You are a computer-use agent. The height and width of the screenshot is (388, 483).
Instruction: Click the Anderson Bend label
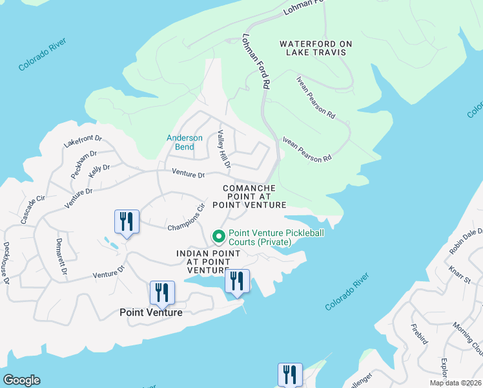click(x=185, y=142)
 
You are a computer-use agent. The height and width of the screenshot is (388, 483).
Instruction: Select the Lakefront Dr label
click(x=83, y=140)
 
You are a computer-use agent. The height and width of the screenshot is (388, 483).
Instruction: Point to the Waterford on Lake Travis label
click(x=316, y=48)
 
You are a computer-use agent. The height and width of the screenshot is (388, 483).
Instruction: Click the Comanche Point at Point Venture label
click(x=254, y=197)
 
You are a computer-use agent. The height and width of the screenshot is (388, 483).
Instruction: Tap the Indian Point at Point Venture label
click(x=203, y=261)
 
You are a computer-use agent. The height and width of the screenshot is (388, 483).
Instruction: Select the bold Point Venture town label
click(x=151, y=312)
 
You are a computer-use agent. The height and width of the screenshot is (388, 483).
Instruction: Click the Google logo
click(x=21, y=380)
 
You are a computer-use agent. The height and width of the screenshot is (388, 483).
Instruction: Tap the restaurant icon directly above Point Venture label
click(x=162, y=292)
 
